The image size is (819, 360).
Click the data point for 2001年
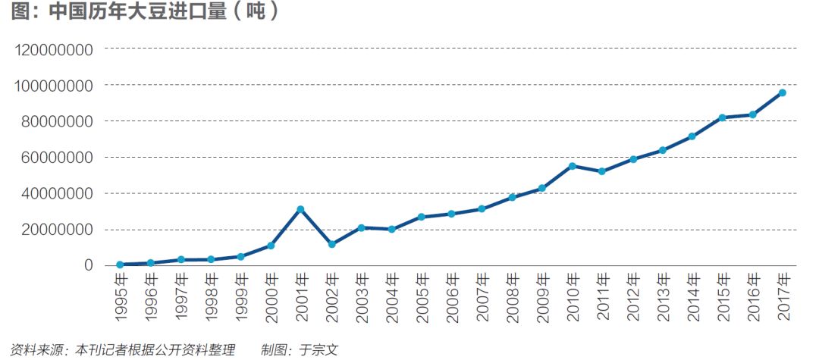click(300, 209)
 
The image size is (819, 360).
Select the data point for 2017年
click(782, 92)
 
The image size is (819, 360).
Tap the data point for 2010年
click(572, 166)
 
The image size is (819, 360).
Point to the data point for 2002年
click(331, 244)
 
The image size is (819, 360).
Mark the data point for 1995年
click(120, 265)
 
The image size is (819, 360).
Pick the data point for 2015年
click(722, 117)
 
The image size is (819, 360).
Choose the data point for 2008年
click(512, 197)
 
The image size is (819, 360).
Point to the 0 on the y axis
click(89, 265)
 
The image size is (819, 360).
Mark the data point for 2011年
click(602, 171)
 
